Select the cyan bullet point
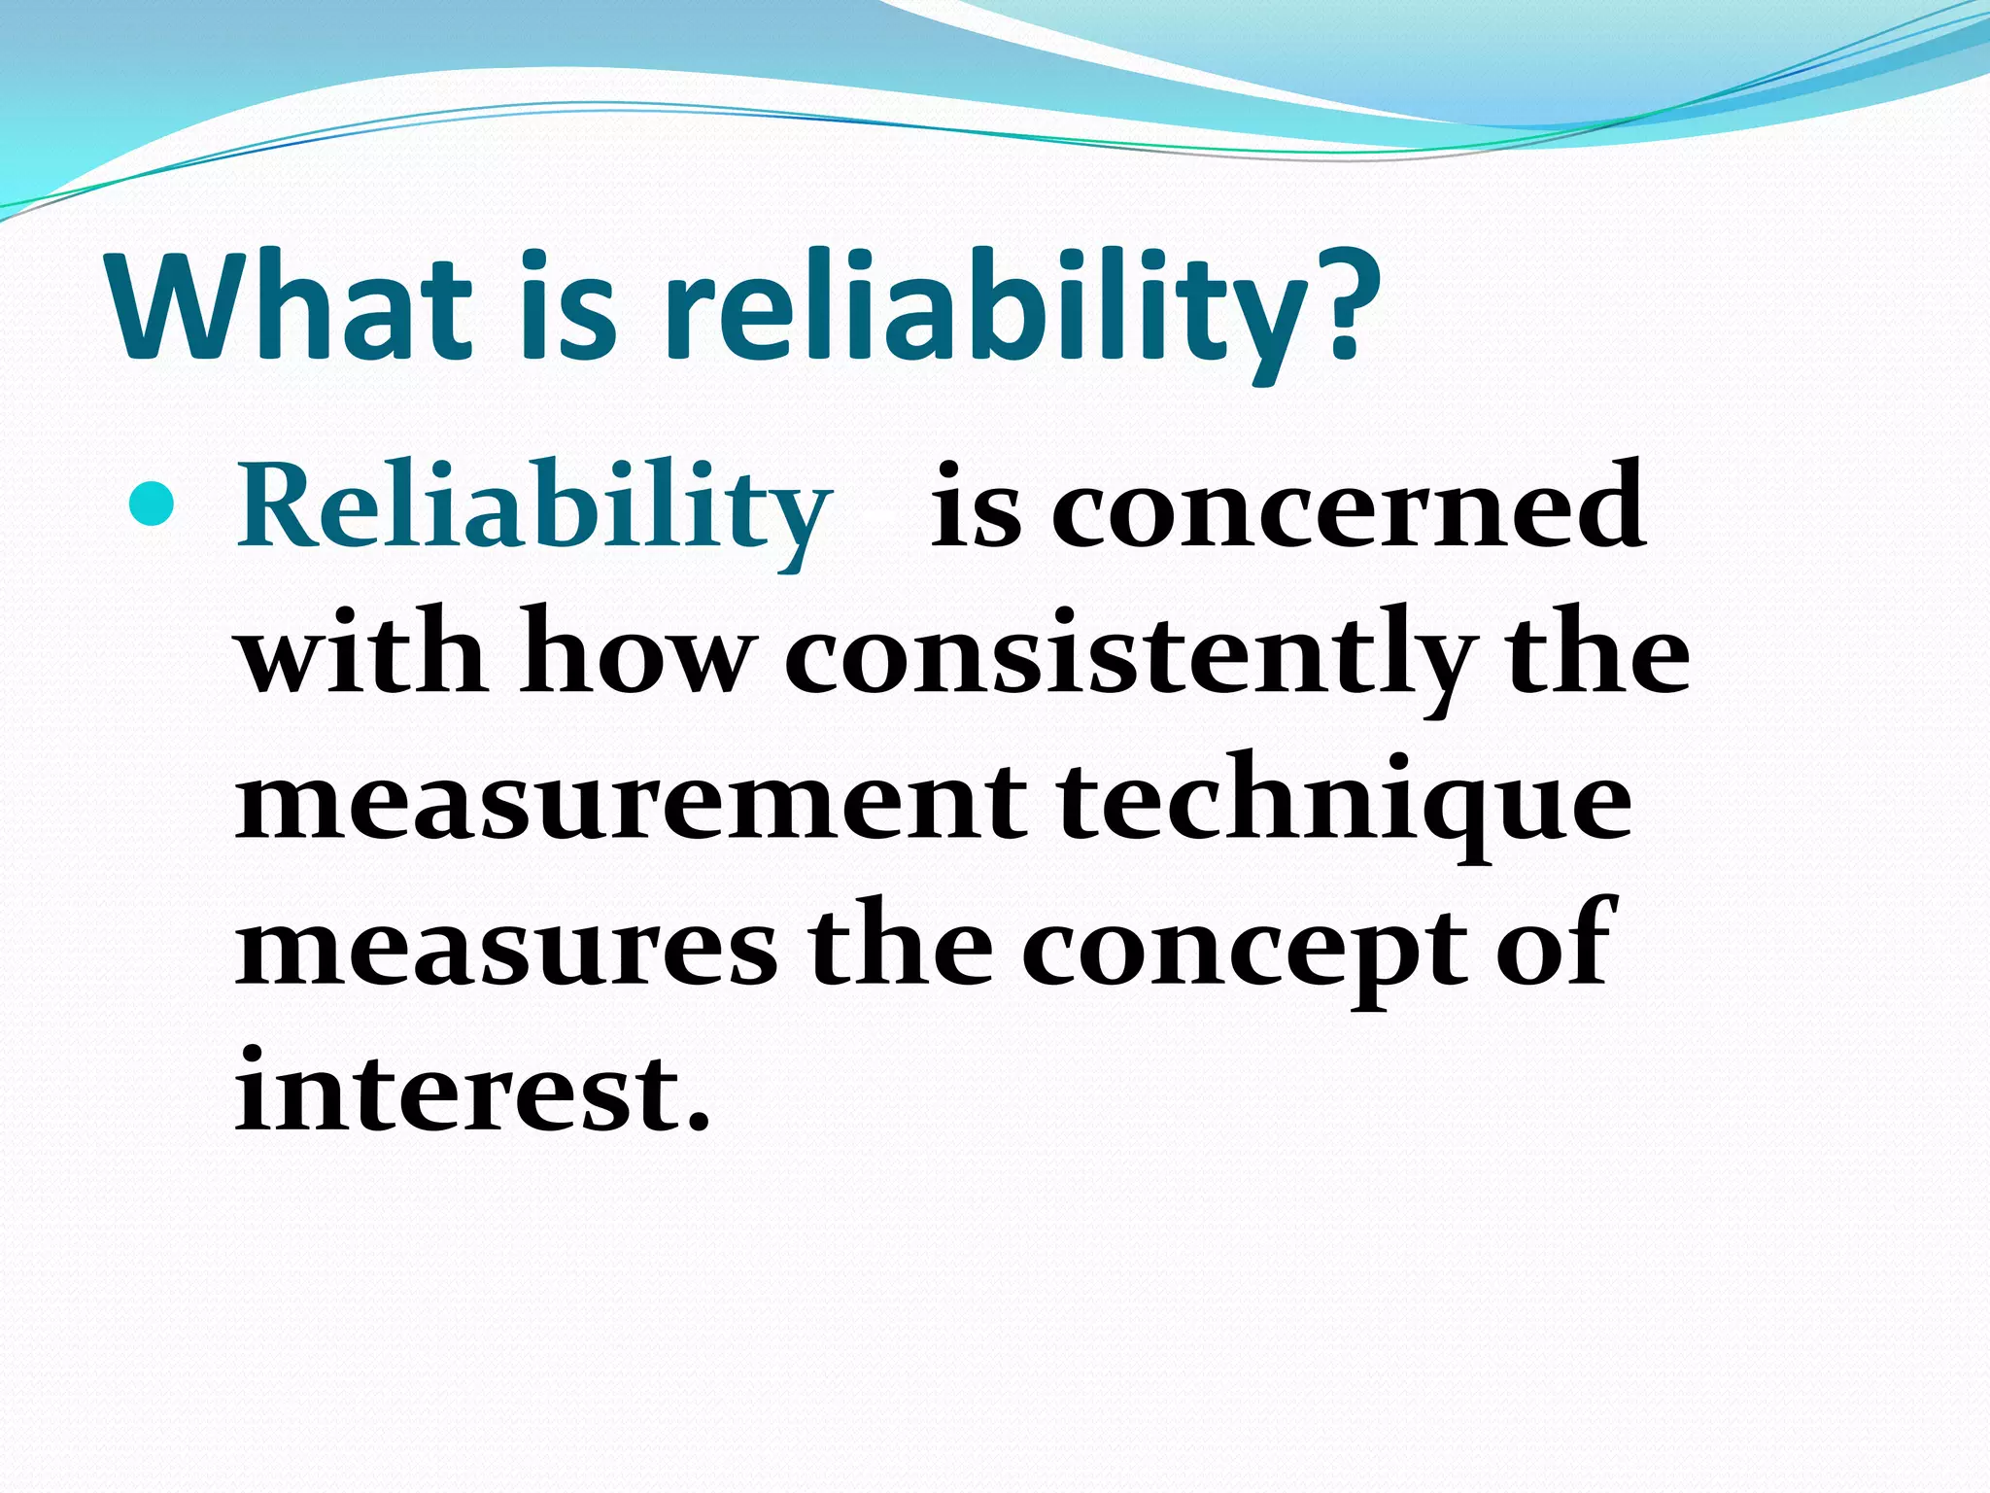152,504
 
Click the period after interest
697,1124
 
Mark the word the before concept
899,948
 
